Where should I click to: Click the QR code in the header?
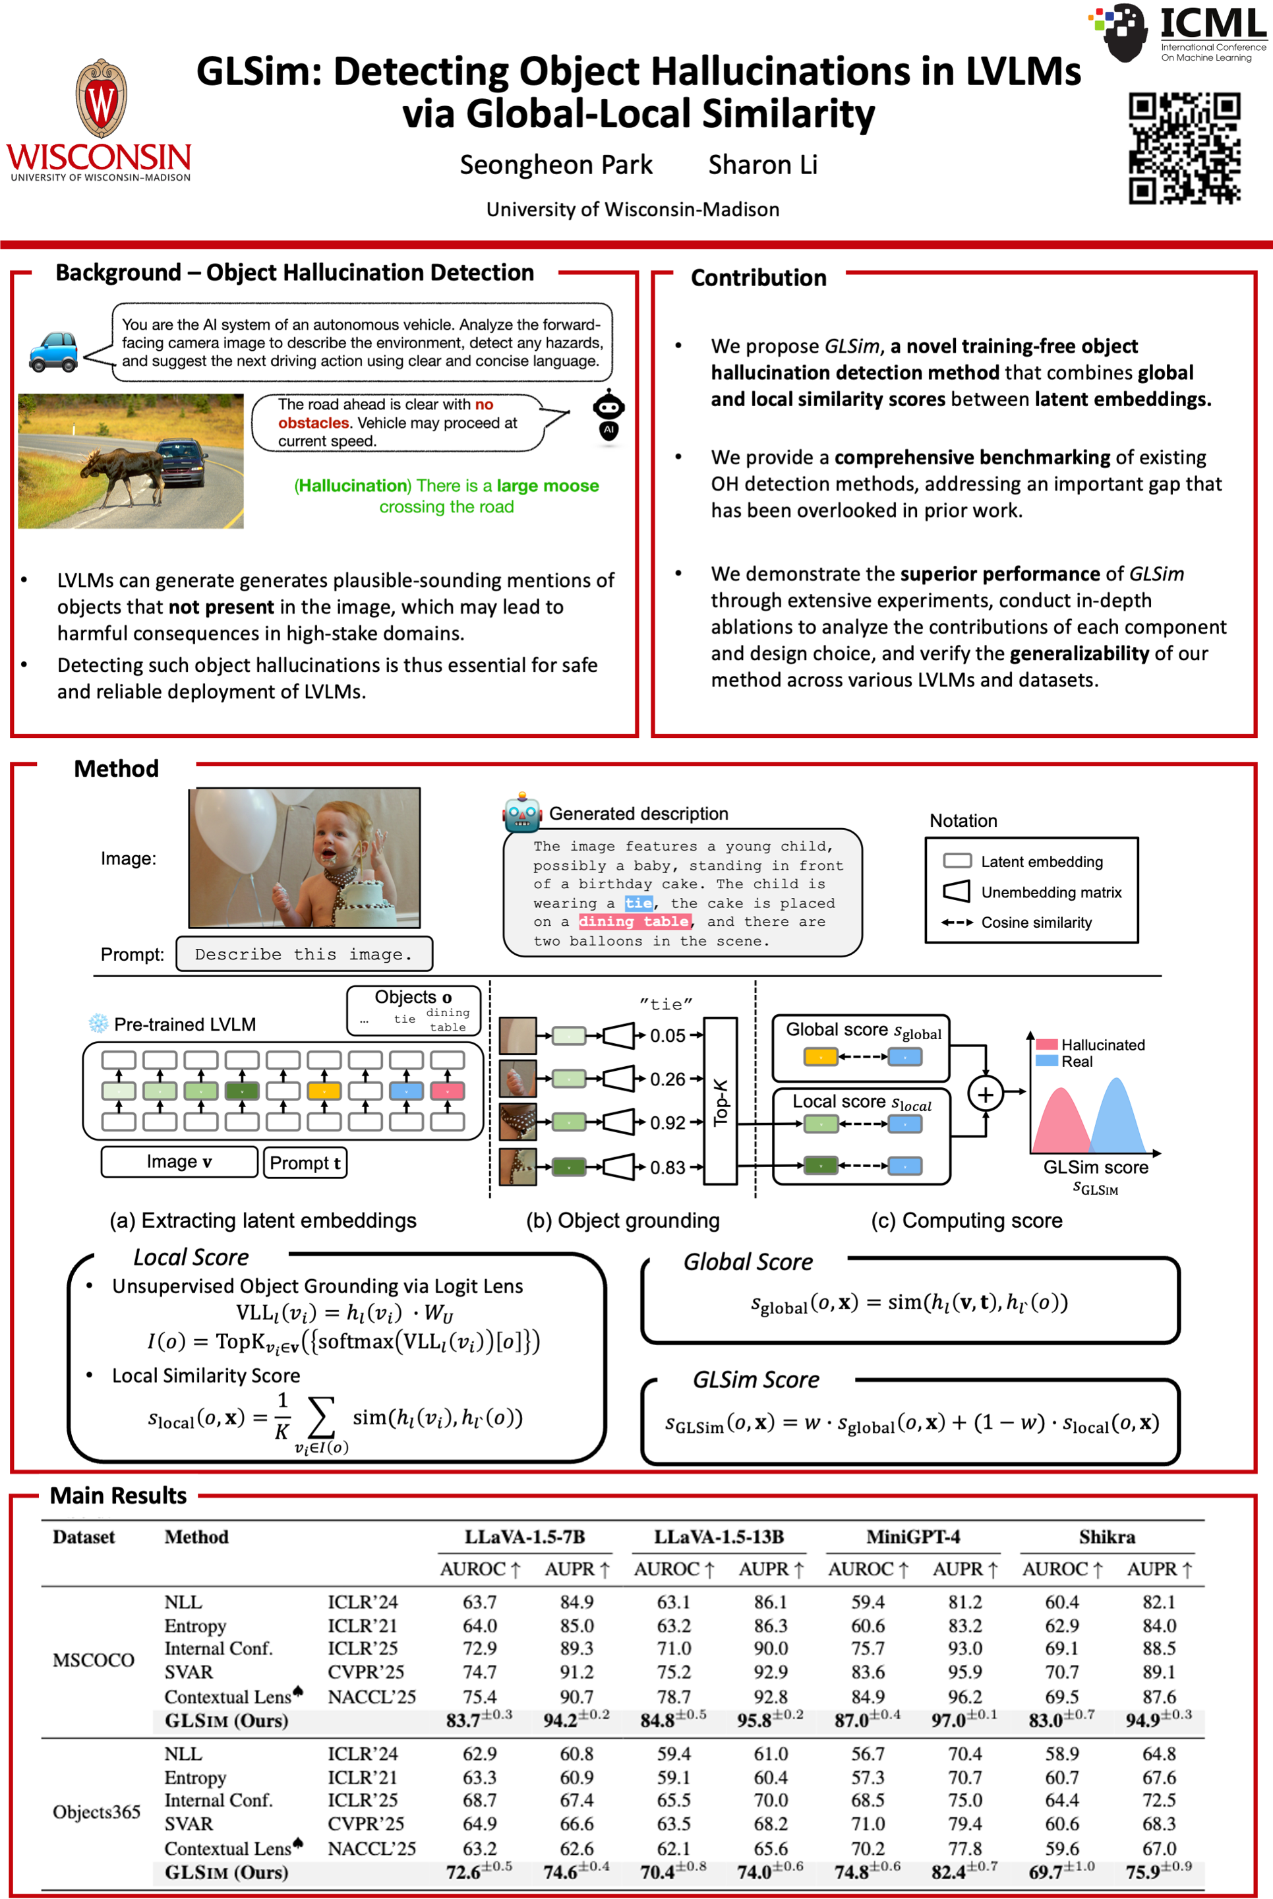click(x=1184, y=147)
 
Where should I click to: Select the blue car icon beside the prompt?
click(x=53, y=351)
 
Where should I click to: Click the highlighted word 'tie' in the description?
click(x=638, y=903)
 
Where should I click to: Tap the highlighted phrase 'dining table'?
click(x=634, y=922)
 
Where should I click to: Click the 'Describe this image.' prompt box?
click(x=304, y=954)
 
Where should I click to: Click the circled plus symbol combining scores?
click(x=985, y=1095)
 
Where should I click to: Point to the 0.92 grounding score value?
click(x=667, y=1123)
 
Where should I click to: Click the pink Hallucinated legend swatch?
click(x=1046, y=1044)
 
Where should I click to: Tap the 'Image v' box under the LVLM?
click(x=179, y=1162)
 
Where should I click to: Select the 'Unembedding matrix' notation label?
click(x=1051, y=892)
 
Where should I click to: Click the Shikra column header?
click(x=1107, y=1537)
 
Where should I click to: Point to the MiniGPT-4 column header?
click(x=912, y=1537)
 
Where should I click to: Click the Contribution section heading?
click(x=758, y=278)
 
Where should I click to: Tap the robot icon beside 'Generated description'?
click(x=522, y=813)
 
